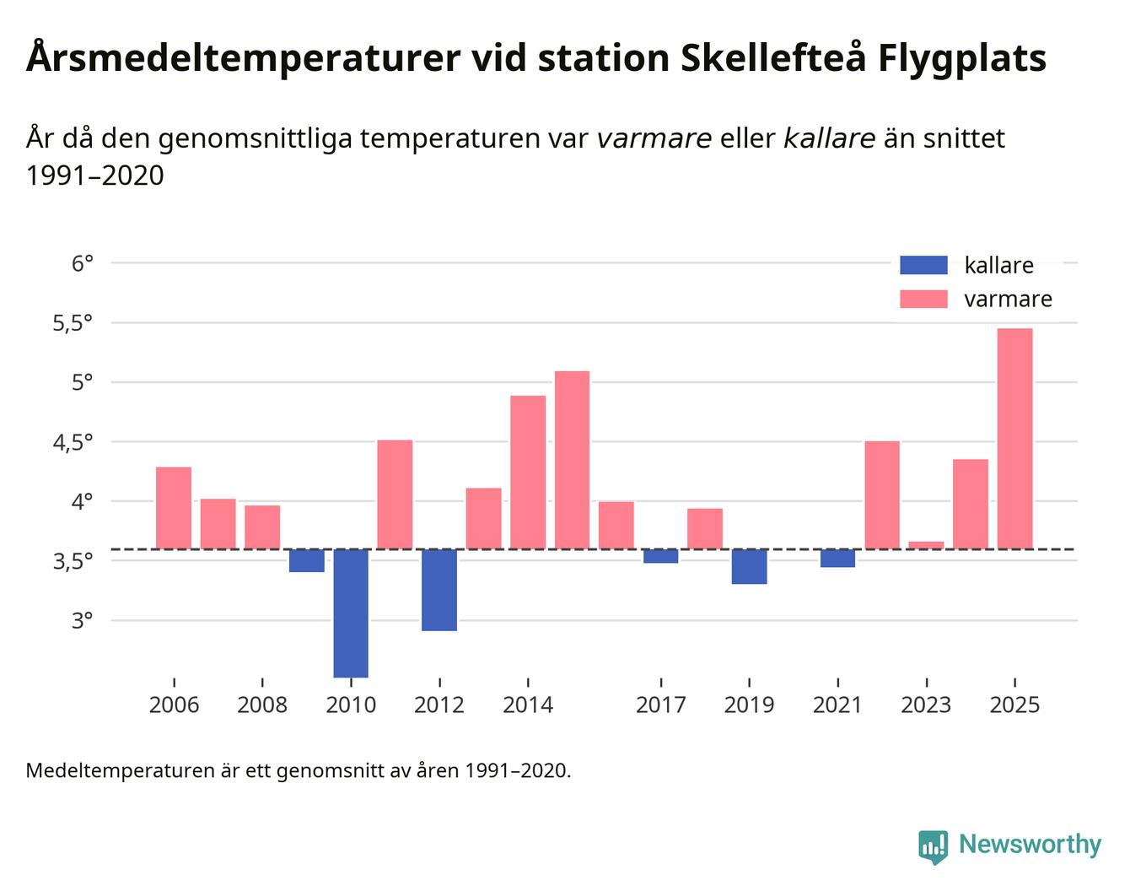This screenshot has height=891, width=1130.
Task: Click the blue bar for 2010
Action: point(351,613)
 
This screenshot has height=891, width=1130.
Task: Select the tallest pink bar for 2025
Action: point(1014,439)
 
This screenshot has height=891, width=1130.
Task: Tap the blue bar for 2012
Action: point(439,590)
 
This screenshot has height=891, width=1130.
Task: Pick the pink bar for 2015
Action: point(572,460)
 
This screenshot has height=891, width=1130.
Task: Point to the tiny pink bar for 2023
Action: point(926,545)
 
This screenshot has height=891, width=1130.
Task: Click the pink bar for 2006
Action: point(174,508)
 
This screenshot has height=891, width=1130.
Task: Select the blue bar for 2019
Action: point(749,566)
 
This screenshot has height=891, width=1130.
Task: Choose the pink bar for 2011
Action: point(395,494)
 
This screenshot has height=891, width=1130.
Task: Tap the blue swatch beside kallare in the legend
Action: point(923,265)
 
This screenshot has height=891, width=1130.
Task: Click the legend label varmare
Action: point(1008,300)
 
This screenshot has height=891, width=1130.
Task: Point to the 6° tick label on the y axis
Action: point(82,263)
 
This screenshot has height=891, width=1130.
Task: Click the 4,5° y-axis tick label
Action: point(73,442)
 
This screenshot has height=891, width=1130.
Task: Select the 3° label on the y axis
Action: point(82,621)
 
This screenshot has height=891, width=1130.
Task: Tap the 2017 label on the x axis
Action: point(660,705)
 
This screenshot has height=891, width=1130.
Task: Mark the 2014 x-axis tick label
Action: point(528,705)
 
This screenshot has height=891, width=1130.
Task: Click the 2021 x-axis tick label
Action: point(837,705)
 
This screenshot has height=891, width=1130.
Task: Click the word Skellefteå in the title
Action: point(773,58)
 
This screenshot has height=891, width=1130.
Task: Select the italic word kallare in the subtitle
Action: point(829,138)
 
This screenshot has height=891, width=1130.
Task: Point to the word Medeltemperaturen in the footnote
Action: point(120,770)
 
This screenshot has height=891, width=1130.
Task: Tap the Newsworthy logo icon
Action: point(933,846)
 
